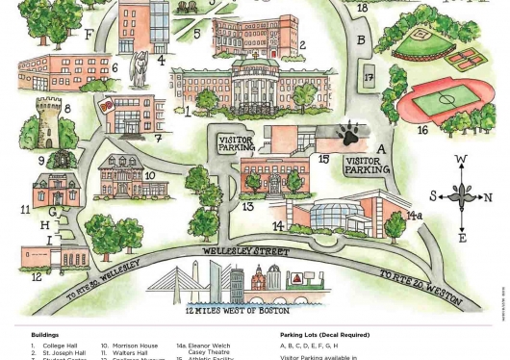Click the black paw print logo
point(347,134)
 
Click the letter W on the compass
point(461,160)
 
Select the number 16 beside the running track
point(422,129)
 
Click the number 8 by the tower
point(66,109)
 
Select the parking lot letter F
point(89,36)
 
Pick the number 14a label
point(415,216)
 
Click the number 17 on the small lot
point(369,78)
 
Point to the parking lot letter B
point(361,40)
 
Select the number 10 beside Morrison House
point(149,176)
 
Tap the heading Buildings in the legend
point(45,335)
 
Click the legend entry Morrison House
point(135,346)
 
